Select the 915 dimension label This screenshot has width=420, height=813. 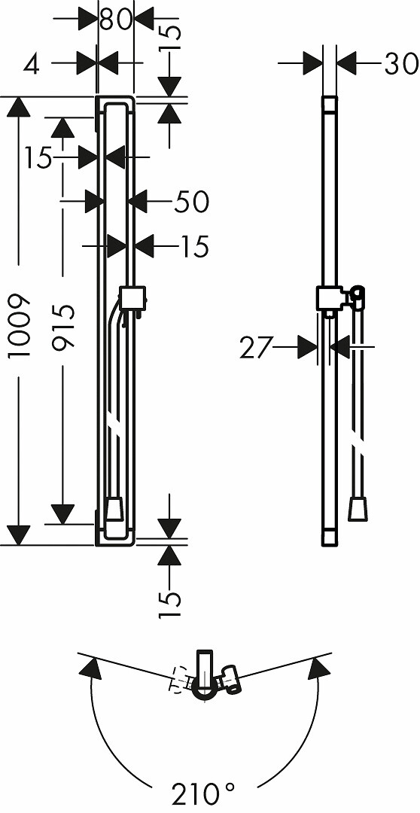(64, 327)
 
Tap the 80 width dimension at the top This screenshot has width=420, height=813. (116, 20)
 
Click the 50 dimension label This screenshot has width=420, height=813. (191, 201)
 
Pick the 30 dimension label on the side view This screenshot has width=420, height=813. (401, 63)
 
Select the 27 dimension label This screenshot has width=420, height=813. (256, 348)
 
